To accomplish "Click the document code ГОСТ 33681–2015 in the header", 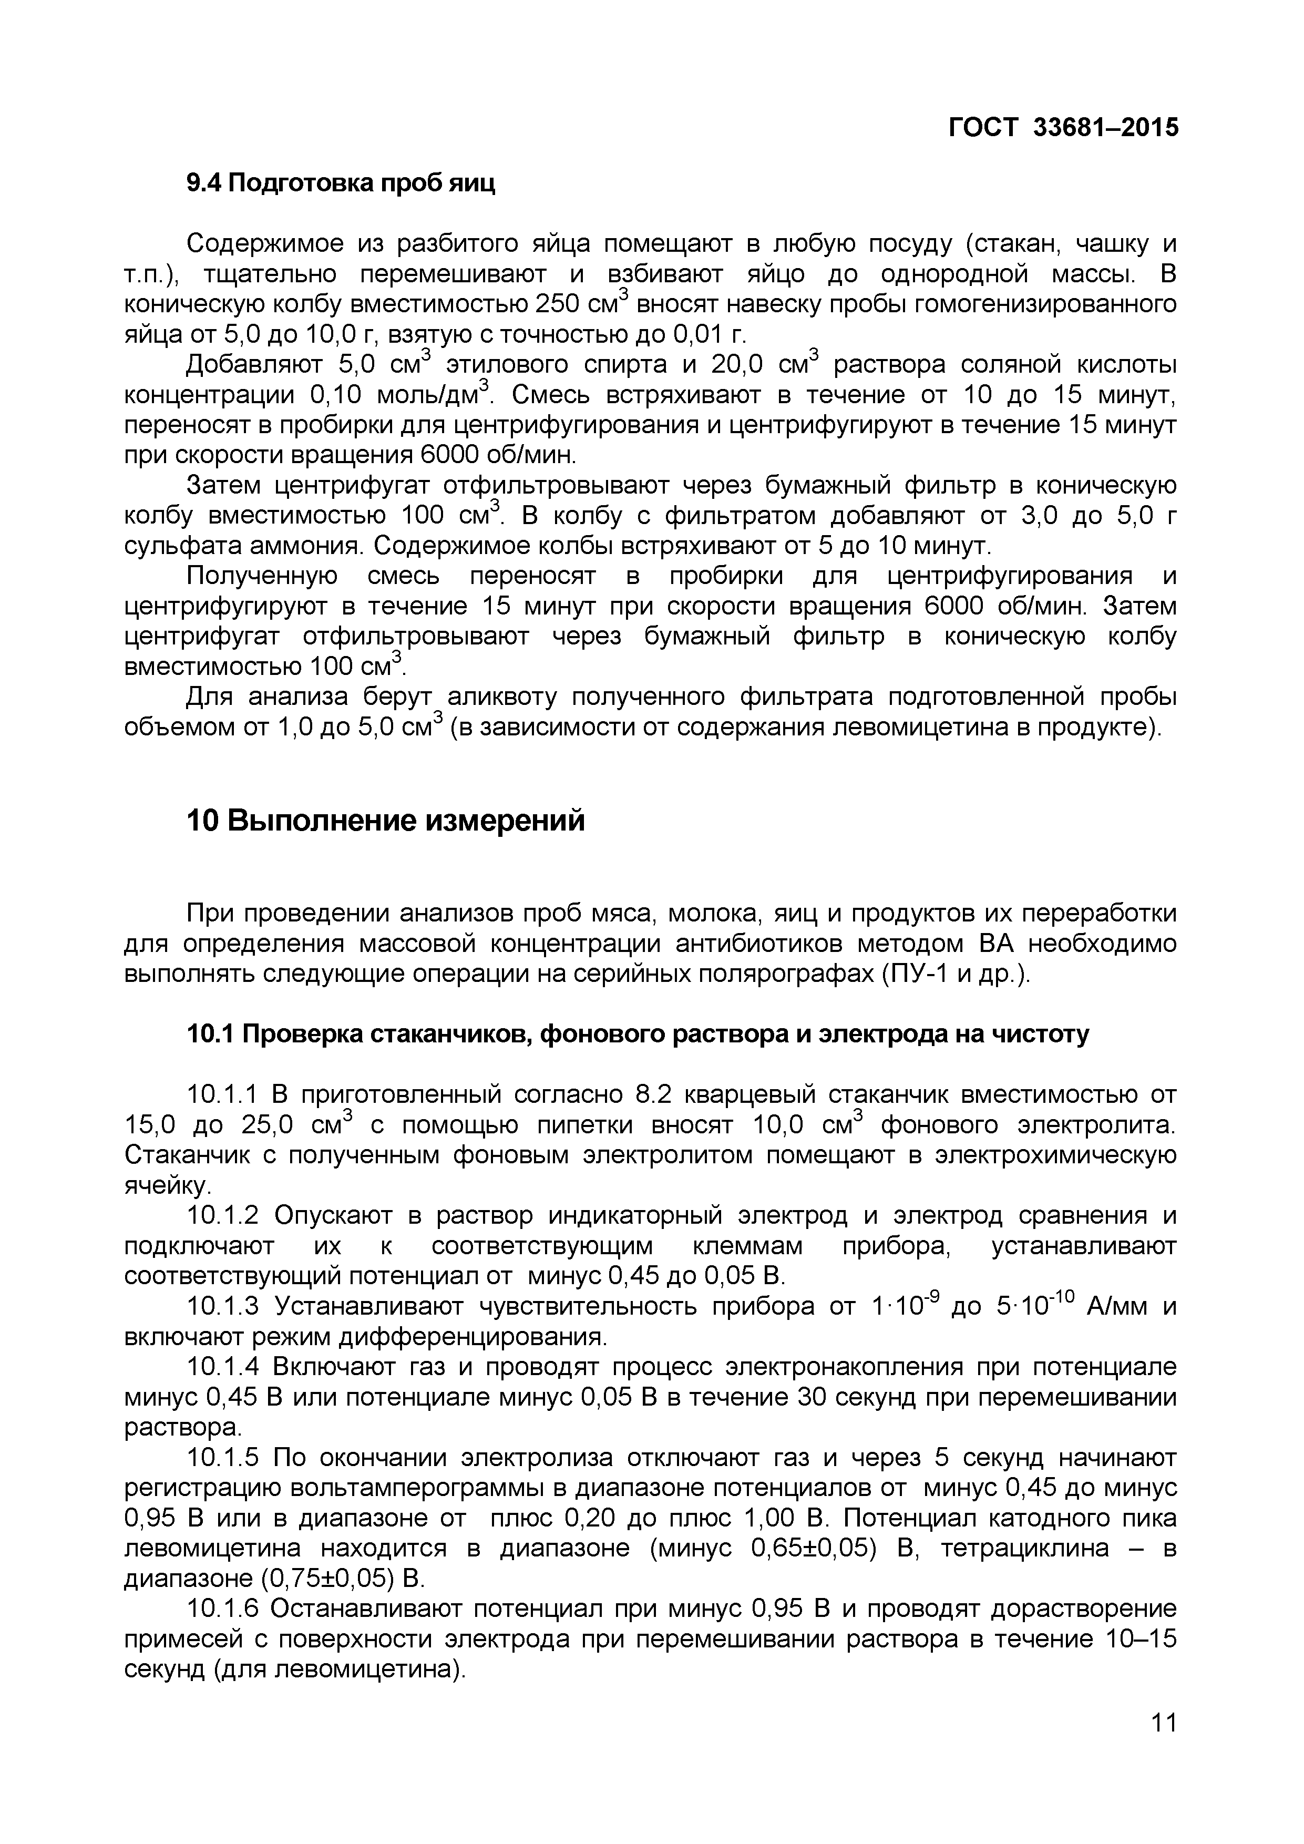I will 1064,127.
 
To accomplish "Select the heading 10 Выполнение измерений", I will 385,821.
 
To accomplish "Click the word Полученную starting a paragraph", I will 261,577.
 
